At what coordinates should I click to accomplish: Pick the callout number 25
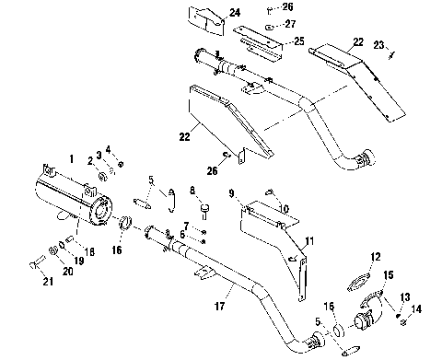299,42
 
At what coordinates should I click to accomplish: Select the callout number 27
290,25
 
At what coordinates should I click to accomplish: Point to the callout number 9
233,193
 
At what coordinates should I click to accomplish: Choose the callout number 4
109,149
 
